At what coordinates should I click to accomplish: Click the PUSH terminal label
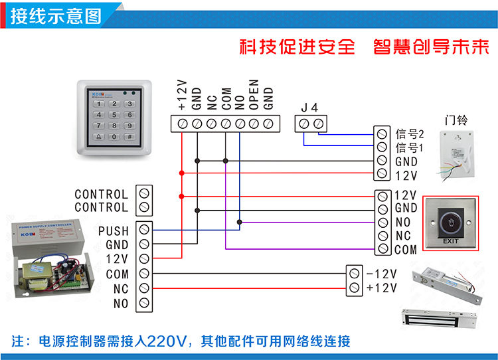point(113,231)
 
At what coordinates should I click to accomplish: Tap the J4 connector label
point(310,108)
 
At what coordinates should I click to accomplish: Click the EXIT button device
point(451,223)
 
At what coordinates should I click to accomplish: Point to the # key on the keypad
point(129,137)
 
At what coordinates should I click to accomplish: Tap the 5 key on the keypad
point(114,114)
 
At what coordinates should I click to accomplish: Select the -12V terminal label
point(381,274)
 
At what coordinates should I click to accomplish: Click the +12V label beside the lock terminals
point(381,288)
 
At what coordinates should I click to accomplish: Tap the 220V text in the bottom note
point(165,342)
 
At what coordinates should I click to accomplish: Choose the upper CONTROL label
point(101,194)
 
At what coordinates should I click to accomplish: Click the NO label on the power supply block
point(120,304)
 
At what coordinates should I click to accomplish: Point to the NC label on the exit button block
point(402,236)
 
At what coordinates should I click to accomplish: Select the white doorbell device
point(457,154)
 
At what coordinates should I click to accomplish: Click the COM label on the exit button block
point(405,250)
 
